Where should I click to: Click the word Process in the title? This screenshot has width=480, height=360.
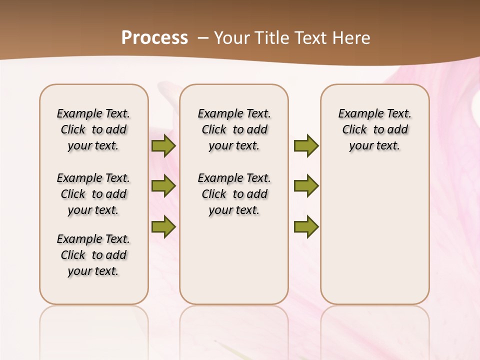coord(154,37)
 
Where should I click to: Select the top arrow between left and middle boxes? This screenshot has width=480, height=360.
coord(163,146)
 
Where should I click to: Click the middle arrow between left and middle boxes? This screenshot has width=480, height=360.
coord(163,186)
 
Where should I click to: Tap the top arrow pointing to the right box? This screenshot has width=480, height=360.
coord(306,146)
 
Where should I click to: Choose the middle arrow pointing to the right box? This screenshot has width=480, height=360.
coord(306,186)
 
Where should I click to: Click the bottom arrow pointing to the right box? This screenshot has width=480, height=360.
coord(306,227)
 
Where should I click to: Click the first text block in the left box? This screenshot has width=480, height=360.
coord(93,129)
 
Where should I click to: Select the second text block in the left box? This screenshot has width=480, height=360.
coord(93,194)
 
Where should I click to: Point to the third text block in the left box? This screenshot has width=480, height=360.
coord(93,255)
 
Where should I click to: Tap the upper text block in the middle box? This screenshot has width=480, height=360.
coord(234,129)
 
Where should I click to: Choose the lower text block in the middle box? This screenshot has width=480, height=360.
coord(234,194)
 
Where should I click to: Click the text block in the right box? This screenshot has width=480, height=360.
coord(375,129)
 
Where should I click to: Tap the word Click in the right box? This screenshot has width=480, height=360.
coord(354,129)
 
